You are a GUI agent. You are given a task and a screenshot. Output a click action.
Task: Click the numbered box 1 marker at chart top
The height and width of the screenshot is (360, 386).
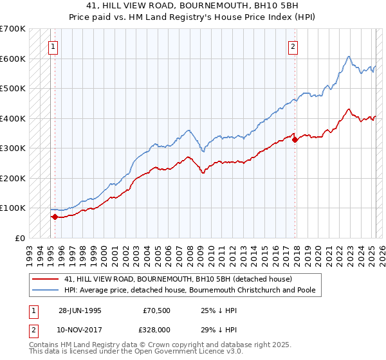pyautogui.click(x=52, y=46)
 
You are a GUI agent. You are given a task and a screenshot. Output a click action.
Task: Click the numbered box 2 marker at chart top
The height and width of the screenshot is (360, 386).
pyautogui.click(x=293, y=46)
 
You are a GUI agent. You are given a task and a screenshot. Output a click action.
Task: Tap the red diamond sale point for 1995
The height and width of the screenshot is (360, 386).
pyautogui.click(x=55, y=217)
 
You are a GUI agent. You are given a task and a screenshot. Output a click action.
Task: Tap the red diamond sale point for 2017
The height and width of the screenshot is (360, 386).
pyautogui.click(x=295, y=139)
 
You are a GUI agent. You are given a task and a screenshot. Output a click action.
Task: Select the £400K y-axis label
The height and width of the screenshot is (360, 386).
pyautogui.click(x=13, y=118)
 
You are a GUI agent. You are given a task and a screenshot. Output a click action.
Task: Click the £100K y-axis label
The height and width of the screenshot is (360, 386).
pyautogui.click(x=13, y=208)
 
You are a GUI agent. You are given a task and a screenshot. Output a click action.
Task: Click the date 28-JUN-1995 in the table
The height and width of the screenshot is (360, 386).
pyautogui.click(x=80, y=310)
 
